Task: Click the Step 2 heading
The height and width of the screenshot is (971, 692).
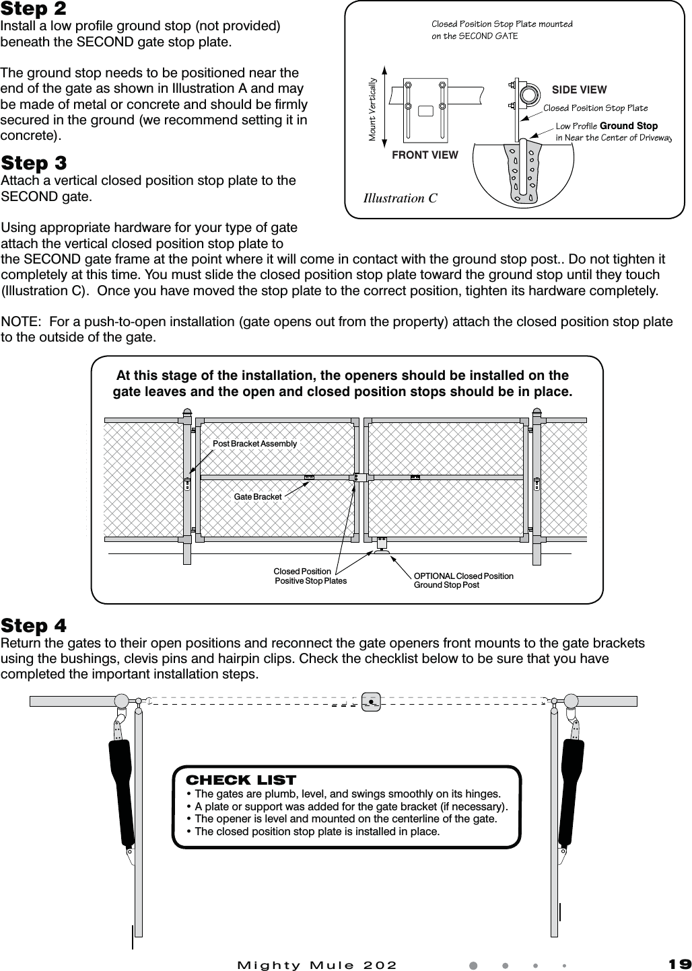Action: coord(34,9)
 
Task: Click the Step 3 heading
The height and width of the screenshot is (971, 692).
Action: coord(34,163)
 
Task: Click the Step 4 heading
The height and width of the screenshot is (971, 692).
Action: coord(34,626)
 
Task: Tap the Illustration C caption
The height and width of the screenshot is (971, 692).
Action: coord(400,198)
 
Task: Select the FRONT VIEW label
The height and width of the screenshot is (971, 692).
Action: coord(425,155)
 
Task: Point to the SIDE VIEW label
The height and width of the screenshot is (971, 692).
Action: coord(579,89)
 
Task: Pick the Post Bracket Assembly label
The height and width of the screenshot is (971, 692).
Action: coord(254,444)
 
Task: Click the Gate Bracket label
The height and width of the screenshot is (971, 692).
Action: coord(258,497)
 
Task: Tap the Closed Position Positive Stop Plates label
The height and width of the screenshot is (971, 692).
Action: coord(310,576)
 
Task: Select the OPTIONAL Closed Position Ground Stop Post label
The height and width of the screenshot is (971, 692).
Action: coord(463,580)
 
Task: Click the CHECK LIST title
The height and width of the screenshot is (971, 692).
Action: coord(240,780)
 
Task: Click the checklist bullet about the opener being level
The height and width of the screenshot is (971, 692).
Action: coord(345,818)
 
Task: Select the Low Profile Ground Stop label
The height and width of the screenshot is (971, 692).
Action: coord(607,126)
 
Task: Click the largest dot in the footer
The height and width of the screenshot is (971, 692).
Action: coord(473,965)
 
